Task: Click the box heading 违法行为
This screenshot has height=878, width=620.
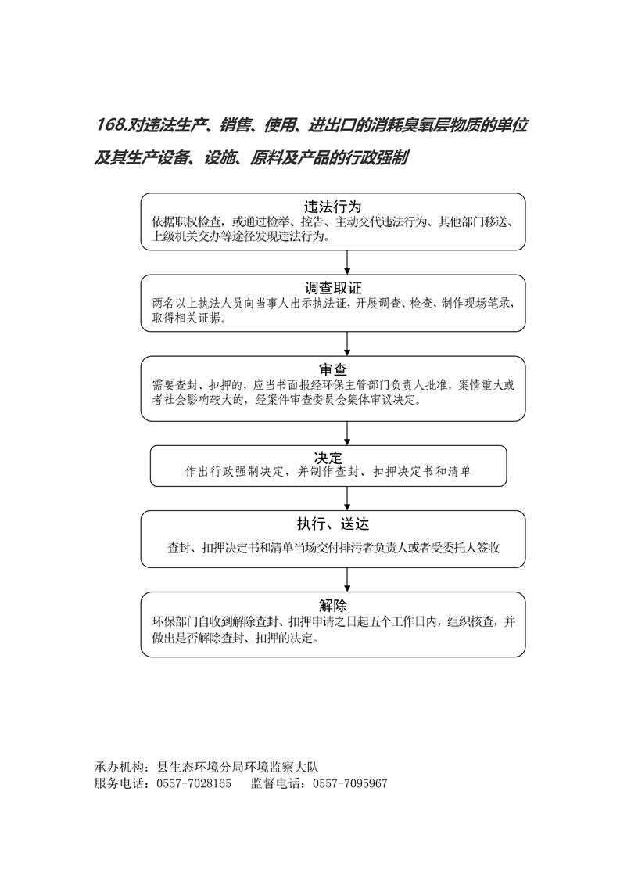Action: click(333, 206)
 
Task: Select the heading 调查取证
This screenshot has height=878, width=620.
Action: click(333, 288)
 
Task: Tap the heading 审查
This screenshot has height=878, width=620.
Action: click(333, 369)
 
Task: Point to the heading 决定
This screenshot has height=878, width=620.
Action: click(328, 458)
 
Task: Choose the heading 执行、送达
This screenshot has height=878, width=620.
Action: click(333, 524)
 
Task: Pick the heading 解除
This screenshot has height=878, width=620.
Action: click(333, 606)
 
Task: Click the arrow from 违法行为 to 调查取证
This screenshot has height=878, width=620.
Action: click(347, 262)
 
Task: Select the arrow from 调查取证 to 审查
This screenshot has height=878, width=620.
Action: click(347, 344)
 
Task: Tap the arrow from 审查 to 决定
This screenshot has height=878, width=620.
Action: click(347, 434)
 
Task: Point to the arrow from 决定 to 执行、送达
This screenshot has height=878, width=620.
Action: click(347, 498)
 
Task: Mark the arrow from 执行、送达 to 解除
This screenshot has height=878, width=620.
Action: click(347, 580)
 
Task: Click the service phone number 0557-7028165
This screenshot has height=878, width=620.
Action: click(194, 783)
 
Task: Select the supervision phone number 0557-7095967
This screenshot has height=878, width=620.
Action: click(349, 783)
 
